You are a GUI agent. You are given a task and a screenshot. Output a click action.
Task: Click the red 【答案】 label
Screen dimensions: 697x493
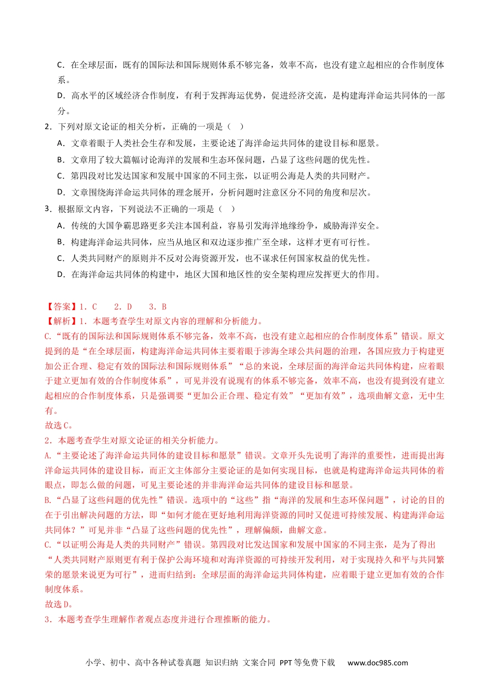[x=61, y=306]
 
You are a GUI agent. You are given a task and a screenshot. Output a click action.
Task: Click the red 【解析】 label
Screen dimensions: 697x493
[x=61, y=322]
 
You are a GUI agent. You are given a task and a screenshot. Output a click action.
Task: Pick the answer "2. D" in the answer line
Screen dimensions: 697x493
[x=123, y=306]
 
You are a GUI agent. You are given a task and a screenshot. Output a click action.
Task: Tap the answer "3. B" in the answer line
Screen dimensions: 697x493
[x=158, y=306]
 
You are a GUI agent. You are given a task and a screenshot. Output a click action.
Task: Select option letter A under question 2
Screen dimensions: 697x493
[x=60, y=143]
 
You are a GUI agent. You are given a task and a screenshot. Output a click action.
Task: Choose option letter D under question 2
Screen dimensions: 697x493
[x=61, y=192]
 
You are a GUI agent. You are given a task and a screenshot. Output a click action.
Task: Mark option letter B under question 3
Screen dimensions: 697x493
[x=60, y=242]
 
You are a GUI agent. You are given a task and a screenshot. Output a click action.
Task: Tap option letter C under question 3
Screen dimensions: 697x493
[x=60, y=258]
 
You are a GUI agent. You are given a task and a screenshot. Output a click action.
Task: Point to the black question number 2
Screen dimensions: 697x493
[x=47, y=127]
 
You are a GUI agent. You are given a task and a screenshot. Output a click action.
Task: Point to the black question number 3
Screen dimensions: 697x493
[x=47, y=209]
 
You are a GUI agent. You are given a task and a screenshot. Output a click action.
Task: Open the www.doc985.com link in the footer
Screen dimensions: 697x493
[x=377, y=663]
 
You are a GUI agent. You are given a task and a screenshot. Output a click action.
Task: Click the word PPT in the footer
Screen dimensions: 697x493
[x=286, y=663]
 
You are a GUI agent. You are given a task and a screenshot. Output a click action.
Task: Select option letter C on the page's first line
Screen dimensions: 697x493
[x=60, y=65]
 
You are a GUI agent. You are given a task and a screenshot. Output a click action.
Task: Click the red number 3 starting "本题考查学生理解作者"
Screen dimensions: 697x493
[x=47, y=619]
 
